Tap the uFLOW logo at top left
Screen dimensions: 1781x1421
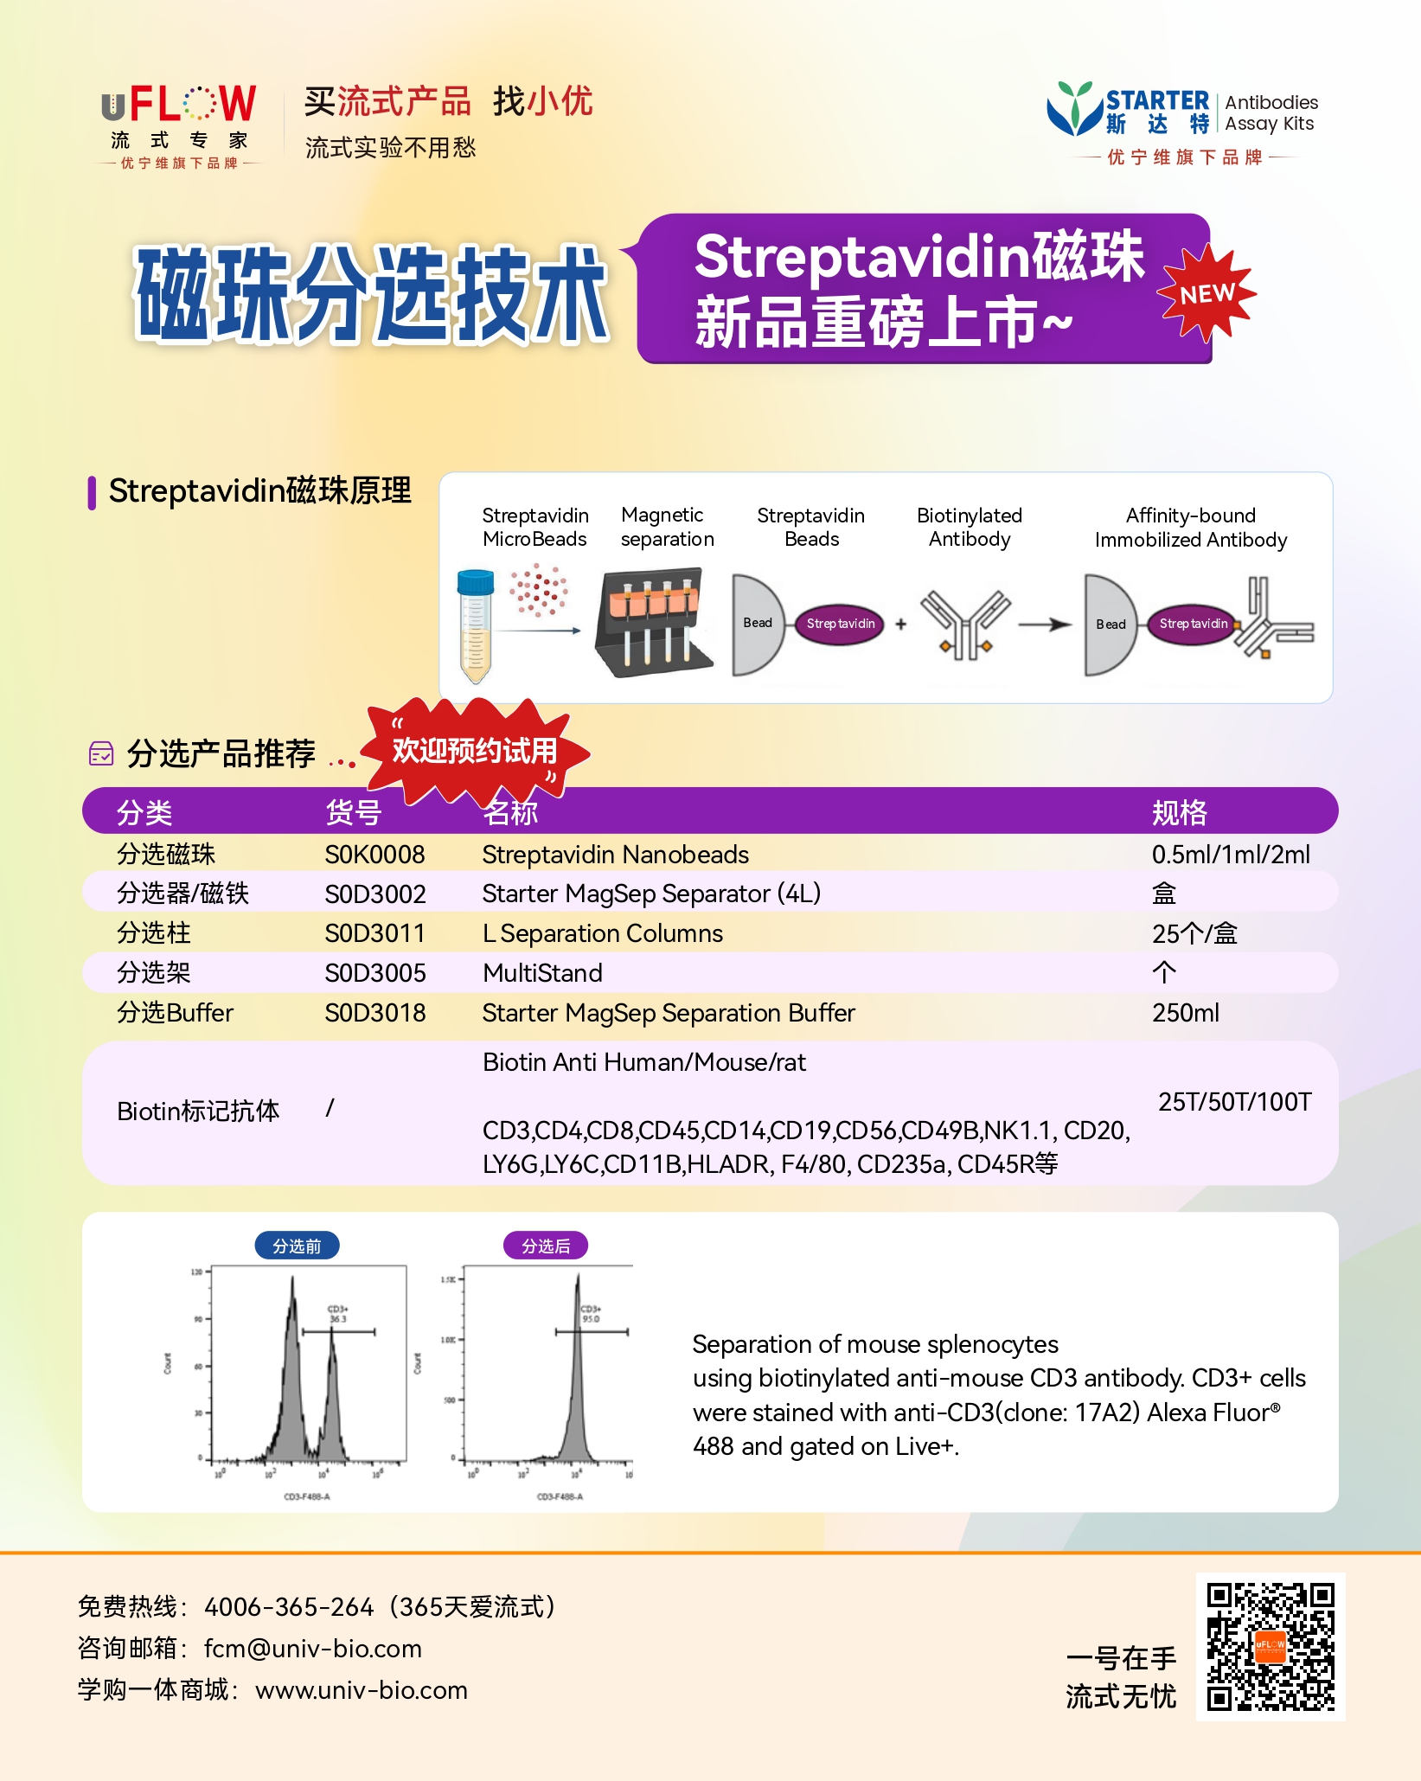179,125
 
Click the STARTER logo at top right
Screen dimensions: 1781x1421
1181,122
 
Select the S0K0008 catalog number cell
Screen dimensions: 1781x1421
374,855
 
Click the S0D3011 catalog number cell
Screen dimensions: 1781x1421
374,933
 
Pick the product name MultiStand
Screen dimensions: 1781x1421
542,973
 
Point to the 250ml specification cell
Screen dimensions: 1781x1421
1185,1013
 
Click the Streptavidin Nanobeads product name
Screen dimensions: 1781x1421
615,855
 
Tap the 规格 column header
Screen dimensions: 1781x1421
1179,812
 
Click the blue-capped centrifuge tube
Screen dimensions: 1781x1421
475,625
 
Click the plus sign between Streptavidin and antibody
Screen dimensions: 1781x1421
900,624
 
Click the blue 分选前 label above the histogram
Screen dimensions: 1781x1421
297,1246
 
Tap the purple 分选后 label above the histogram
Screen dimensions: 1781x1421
546,1246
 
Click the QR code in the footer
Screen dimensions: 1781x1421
1270,1647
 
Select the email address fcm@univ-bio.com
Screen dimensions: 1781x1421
312,1649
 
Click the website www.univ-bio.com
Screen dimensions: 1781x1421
361,1690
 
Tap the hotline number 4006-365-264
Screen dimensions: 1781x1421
289,1607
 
